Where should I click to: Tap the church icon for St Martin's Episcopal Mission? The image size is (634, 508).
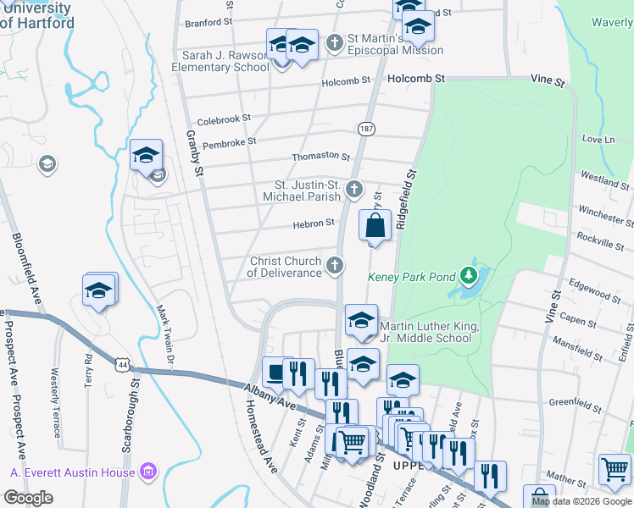tap(335, 41)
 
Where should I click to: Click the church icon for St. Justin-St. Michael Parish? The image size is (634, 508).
tap(354, 189)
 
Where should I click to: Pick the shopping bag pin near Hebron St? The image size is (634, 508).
tap(375, 227)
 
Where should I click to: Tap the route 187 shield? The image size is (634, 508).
tap(366, 128)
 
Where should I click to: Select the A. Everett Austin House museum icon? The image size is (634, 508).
tap(147, 471)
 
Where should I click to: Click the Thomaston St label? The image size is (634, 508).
tap(320, 157)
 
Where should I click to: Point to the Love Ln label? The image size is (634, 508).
tap(598, 139)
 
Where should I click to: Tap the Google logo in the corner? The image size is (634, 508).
tap(28, 498)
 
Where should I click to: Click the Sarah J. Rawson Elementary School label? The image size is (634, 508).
tap(220, 61)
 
